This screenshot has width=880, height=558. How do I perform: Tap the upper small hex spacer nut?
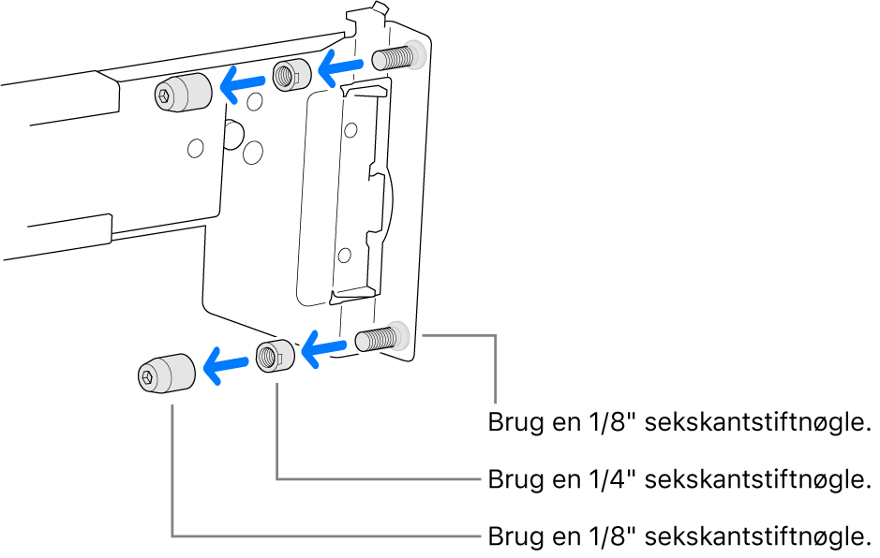point(290,74)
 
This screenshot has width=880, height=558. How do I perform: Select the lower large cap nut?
point(165,374)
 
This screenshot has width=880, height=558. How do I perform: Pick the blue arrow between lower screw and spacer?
point(323,350)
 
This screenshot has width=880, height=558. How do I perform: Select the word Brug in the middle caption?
point(513,480)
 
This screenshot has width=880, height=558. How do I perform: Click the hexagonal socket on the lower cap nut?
point(148,377)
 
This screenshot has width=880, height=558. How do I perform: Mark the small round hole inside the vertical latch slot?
point(345,253)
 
